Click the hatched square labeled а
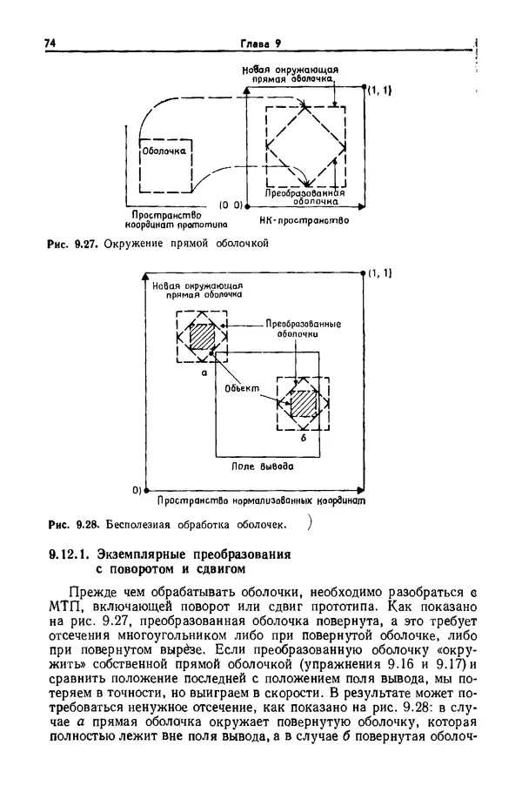point(202,336)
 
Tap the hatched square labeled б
point(303,403)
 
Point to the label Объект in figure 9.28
point(241,389)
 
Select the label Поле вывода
point(261,467)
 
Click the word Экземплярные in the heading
point(147,554)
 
